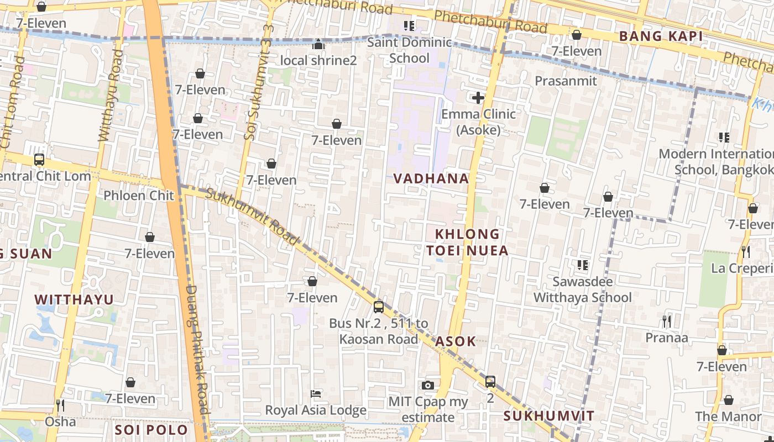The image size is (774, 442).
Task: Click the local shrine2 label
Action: (x=318, y=60)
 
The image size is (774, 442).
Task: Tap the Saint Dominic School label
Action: (x=409, y=50)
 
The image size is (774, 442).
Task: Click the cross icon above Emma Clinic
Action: (x=478, y=98)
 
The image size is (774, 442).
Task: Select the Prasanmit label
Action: (x=566, y=81)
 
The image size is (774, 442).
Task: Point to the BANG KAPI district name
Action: (x=661, y=36)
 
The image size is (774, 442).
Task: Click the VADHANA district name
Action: (x=431, y=178)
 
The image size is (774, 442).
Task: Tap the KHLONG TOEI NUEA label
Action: (x=467, y=242)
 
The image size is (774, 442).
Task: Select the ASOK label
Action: (x=456, y=341)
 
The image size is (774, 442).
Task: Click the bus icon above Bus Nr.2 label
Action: (x=379, y=307)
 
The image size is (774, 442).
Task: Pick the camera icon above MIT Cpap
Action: (x=427, y=385)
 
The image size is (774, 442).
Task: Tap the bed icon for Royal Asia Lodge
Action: (x=316, y=393)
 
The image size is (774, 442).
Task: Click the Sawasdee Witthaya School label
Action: (x=582, y=290)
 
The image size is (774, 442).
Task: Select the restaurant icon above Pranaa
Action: (x=667, y=321)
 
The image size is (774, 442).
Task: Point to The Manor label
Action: (x=728, y=417)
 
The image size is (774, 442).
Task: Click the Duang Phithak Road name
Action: (x=197, y=348)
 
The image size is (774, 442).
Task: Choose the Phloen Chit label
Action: (x=139, y=195)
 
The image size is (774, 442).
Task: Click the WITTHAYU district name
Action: (x=74, y=299)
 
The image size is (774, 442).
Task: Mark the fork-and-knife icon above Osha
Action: (x=60, y=405)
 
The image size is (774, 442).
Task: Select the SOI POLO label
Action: (x=151, y=430)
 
